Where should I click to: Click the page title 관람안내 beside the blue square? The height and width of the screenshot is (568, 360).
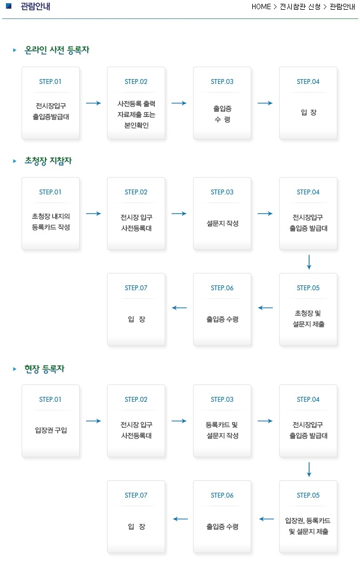pos(36,6)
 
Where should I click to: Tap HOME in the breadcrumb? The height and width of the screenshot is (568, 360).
pos(261,6)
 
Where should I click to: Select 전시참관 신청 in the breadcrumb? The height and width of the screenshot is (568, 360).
pos(300,6)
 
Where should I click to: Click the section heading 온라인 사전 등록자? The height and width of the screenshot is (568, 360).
pos(56,50)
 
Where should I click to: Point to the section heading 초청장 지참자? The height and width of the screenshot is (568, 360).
pos(48,160)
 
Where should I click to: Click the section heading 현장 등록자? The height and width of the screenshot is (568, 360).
pos(44,369)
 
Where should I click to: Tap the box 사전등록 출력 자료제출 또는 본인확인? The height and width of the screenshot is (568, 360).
pos(136,103)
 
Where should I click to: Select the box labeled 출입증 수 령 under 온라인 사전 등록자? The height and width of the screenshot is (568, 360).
pos(222,103)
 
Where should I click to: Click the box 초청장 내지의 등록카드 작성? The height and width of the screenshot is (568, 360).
pos(50,213)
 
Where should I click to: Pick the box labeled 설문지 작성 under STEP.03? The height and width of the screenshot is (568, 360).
pos(222,213)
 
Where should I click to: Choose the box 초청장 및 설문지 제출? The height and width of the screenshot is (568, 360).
pos(308,309)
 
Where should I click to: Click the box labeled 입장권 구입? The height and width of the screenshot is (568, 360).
pos(50,421)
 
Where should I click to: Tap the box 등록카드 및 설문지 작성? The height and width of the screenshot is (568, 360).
pos(222,421)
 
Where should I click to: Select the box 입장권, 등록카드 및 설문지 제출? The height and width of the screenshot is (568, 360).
pos(308,517)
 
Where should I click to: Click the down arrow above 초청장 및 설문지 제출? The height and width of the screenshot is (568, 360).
pos(309,262)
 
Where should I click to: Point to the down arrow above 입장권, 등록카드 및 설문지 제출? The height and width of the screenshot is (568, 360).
pos(309,469)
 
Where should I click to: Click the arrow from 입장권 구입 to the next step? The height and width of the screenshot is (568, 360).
pos(94,421)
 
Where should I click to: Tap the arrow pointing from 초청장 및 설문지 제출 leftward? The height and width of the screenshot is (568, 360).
pos(265,308)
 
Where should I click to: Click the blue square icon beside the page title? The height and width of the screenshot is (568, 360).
pos(9,6)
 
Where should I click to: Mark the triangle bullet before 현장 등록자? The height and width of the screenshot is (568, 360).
pos(15,369)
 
